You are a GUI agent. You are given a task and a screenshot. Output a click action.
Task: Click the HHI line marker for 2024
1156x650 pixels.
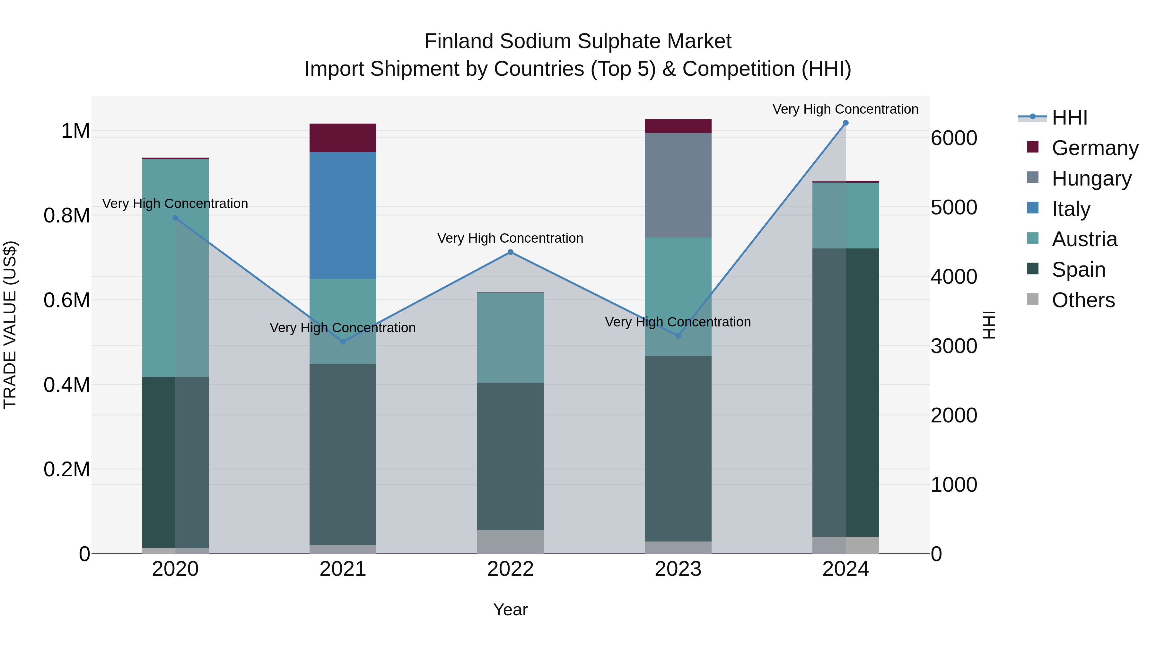(x=845, y=123)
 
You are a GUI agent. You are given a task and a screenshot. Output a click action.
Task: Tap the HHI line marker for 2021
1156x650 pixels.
(x=343, y=342)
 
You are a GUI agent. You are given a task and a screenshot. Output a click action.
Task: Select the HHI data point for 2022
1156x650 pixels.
(x=510, y=252)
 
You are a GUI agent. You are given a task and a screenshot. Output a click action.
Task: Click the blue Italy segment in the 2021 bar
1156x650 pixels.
(x=343, y=215)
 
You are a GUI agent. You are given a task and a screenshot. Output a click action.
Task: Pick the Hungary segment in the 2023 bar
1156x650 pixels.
(x=678, y=185)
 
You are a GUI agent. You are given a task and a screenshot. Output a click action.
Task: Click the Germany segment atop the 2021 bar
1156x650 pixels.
(x=343, y=138)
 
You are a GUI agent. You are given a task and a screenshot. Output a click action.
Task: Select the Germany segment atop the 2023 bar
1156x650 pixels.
(x=678, y=126)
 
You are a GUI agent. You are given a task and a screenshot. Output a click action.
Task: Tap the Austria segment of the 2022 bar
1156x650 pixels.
(x=510, y=337)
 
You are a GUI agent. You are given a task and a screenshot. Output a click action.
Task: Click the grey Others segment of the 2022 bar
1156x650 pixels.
(x=510, y=542)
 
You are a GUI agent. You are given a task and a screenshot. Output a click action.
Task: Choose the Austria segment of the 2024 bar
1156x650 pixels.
(x=845, y=215)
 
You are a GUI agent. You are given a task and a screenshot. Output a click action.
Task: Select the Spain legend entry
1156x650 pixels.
(x=1078, y=270)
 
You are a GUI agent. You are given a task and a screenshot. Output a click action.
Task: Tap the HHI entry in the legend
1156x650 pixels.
(x=1069, y=117)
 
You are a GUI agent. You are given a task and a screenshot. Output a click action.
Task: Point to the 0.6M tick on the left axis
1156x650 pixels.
(x=66, y=300)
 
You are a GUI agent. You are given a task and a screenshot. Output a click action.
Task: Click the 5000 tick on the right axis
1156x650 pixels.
(x=954, y=207)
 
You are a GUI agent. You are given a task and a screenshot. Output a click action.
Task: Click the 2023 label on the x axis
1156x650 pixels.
(x=678, y=569)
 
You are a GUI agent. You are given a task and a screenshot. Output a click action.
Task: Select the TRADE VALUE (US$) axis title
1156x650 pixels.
(x=10, y=325)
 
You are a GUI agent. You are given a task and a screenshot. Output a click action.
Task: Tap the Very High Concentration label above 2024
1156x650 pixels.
(x=845, y=109)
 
